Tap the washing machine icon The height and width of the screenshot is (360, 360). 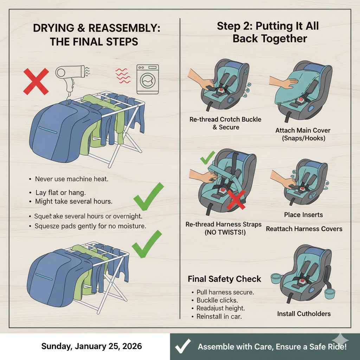tap(148, 79)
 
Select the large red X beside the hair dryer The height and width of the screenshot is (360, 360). tap(36, 82)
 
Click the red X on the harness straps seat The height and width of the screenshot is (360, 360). tap(236, 199)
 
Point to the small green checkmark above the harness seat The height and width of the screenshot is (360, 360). tap(207, 157)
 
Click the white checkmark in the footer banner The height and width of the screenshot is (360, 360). tap(183, 346)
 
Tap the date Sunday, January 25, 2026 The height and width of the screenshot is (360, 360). tap(92, 346)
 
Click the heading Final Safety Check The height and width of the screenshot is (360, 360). tap(224, 279)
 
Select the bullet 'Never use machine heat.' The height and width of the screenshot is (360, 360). tap(71, 179)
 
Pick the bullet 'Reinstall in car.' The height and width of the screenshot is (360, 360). tap(219, 317)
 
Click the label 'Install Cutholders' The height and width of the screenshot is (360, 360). tap(304, 314)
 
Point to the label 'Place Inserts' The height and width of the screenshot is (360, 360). tap(303, 215)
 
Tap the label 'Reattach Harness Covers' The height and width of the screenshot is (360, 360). tap(304, 229)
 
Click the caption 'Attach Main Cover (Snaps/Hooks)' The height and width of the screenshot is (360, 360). tap(303, 134)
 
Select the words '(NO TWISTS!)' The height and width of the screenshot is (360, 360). tap(225, 232)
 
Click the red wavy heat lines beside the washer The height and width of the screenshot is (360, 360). tap(123, 76)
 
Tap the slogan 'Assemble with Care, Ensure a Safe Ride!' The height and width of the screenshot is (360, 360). tap(272, 346)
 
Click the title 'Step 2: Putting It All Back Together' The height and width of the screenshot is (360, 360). tap(268, 32)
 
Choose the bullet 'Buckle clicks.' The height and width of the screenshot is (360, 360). tap(217, 300)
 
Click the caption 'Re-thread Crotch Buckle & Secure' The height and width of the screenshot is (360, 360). tap(225, 123)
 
